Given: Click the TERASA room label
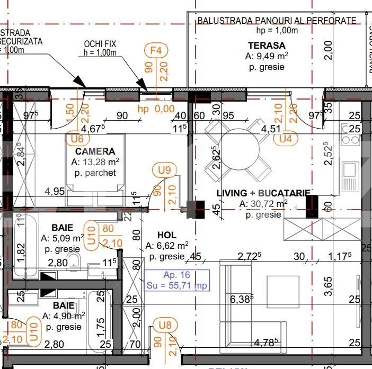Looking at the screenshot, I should click(x=267, y=46).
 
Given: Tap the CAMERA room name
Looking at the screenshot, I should click(x=95, y=151).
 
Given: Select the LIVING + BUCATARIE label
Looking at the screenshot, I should click(x=263, y=193).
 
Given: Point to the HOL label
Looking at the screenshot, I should click(x=167, y=235).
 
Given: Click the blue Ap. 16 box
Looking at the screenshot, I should click(x=177, y=281).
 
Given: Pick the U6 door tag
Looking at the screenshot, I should click(x=77, y=139).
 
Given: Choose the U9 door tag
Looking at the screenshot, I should click(x=165, y=170).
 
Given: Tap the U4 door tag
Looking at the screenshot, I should click(x=286, y=139).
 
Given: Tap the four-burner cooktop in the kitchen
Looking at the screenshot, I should click(x=350, y=134).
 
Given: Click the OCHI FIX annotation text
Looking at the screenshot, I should click(x=108, y=44).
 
